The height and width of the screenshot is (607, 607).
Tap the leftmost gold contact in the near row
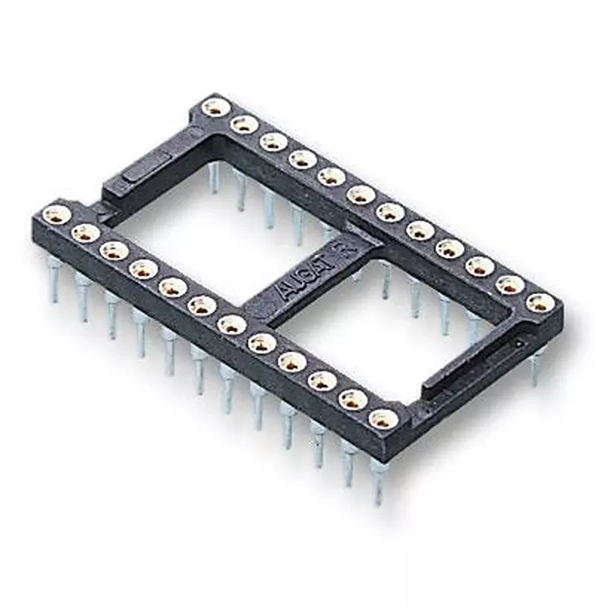tap(56, 214)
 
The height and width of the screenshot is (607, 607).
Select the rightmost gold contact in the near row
tap(382, 419)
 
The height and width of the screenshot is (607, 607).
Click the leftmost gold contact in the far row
tap(215, 107)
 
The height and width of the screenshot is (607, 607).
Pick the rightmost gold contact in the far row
tap(539, 302)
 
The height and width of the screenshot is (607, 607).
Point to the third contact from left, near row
tap(114, 251)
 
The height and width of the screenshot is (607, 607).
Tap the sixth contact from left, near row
tap(202, 305)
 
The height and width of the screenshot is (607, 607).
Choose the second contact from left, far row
tap(245, 124)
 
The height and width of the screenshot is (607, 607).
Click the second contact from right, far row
tap(510, 284)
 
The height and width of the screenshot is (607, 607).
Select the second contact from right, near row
tap(352, 400)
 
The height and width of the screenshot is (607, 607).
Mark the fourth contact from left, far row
tap(303, 159)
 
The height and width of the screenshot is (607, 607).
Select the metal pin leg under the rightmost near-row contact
tap(378, 481)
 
